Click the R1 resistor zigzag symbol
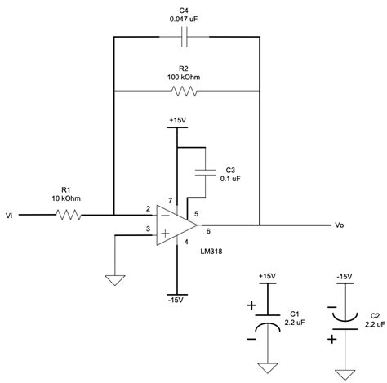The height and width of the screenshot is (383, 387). pyautogui.click(x=67, y=216)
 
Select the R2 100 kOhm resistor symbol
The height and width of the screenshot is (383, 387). pyautogui.click(x=185, y=91)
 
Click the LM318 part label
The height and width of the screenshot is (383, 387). pyautogui.click(x=215, y=251)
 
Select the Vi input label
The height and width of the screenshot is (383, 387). pyautogui.click(x=9, y=216)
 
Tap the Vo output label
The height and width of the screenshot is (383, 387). pyautogui.click(x=340, y=225)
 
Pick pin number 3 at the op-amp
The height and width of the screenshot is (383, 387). pyautogui.click(x=147, y=231)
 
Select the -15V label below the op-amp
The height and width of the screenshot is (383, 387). pyautogui.click(x=175, y=301)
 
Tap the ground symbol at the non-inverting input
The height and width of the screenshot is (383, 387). pyautogui.click(x=114, y=278)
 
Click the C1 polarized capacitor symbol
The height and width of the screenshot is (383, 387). pyautogui.click(x=269, y=323)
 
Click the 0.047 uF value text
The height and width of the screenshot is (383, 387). pyautogui.click(x=184, y=18)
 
